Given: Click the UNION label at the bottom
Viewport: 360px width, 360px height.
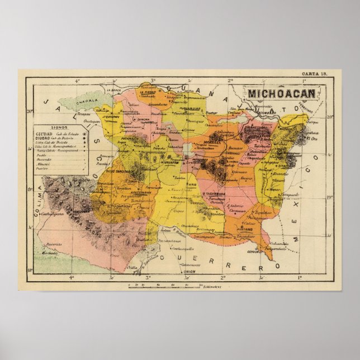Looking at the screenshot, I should (190, 272).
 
